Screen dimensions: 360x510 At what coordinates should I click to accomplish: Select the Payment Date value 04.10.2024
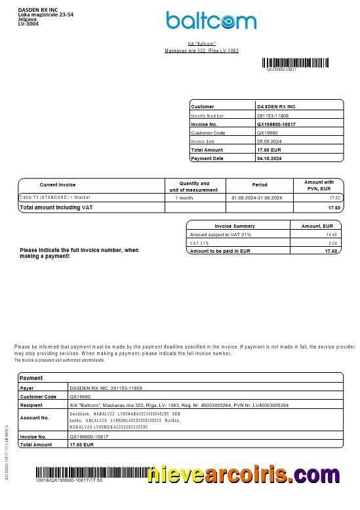click(x=269, y=158)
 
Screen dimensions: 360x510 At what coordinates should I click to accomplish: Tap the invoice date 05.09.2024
click(x=269, y=141)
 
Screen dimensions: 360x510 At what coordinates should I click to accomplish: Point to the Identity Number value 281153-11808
click(x=271, y=116)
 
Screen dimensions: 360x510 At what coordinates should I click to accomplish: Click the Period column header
click(x=260, y=185)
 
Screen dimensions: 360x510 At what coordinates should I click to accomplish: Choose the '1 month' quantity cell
click(x=184, y=198)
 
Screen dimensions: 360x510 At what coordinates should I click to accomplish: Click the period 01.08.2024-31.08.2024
click(x=257, y=198)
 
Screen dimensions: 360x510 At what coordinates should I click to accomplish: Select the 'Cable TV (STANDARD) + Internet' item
click(x=55, y=198)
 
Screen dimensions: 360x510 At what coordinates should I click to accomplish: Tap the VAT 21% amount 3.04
click(x=332, y=243)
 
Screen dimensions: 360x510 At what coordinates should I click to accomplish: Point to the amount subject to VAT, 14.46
click(x=332, y=234)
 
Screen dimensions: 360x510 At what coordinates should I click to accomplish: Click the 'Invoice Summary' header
click(x=235, y=226)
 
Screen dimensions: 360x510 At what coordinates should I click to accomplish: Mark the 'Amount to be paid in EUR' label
click(x=220, y=251)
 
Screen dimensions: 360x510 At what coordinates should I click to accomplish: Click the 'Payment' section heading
click(x=31, y=378)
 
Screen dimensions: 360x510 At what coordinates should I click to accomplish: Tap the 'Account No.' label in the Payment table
click(x=35, y=417)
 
